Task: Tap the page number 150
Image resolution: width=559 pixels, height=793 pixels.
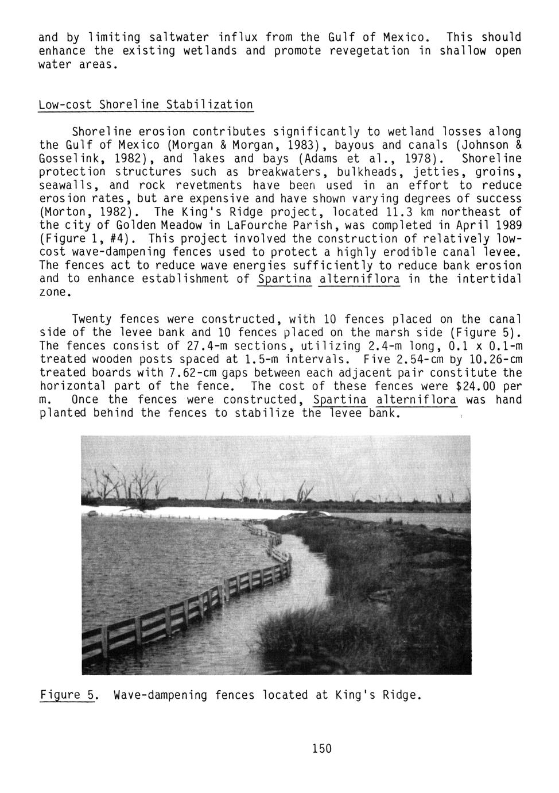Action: pos(322,748)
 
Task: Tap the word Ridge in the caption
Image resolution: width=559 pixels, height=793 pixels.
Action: pos(402,695)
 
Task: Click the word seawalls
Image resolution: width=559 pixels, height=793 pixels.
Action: pos(67,185)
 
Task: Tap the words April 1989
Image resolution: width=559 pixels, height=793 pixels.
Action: pos(480,225)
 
